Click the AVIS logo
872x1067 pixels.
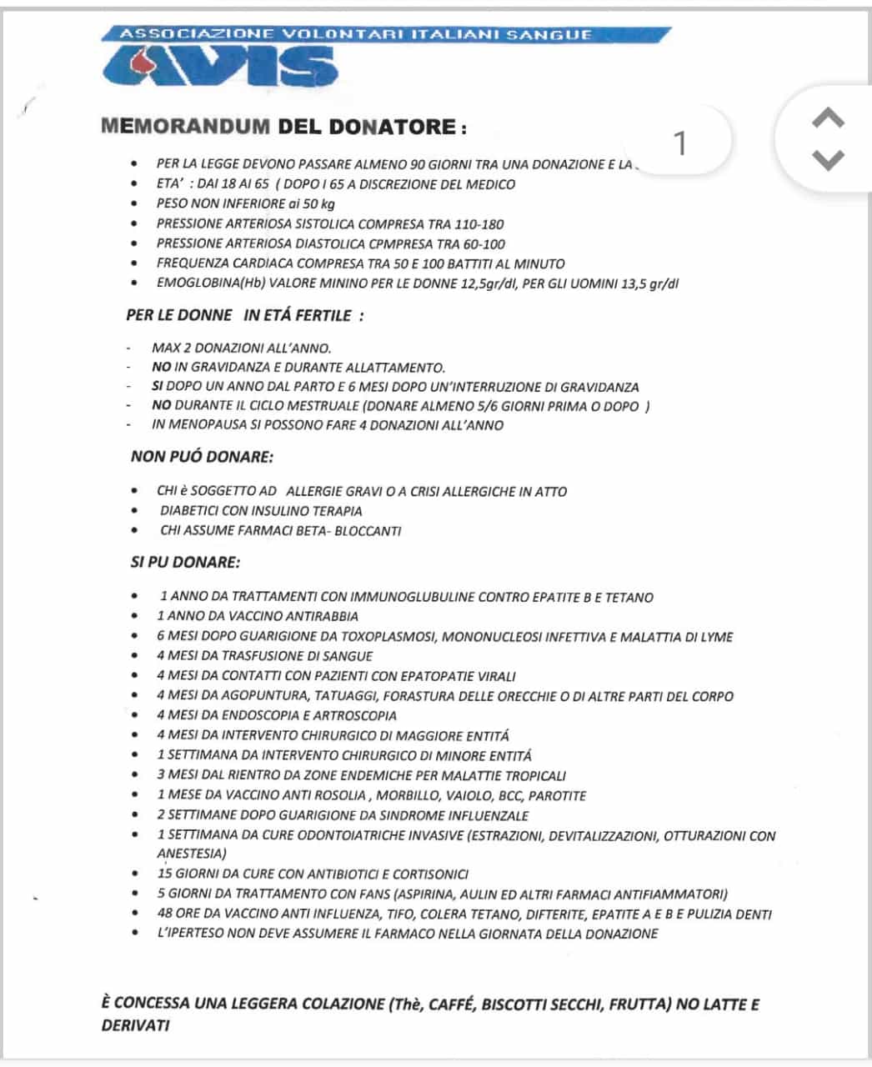pyautogui.click(x=220, y=65)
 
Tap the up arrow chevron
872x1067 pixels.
pyautogui.click(x=827, y=119)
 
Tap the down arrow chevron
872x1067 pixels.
pyautogui.click(x=827, y=159)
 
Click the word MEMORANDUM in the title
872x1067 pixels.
pyautogui.click(x=185, y=128)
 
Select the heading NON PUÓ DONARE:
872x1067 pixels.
pyautogui.click(x=202, y=456)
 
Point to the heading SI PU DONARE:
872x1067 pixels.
pyautogui.click(x=185, y=562)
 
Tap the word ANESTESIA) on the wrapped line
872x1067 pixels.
pyautogui.click(x=192, y=854)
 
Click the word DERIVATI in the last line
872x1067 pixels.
pyautogui.click(x=135, y=1025)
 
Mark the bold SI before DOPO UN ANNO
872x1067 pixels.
pyautogui.click(x=157, y=387)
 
